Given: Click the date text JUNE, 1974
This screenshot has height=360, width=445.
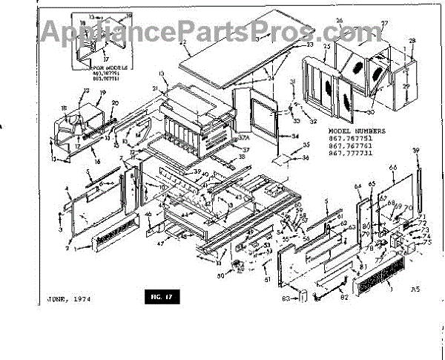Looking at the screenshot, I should tap(61, 300).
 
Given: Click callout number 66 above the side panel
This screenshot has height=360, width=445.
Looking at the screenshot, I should tap(392, 168).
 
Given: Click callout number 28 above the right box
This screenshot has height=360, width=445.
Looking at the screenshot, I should tap(412, 39).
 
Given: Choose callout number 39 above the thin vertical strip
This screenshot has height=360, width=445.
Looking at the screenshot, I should tap(416, 150).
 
